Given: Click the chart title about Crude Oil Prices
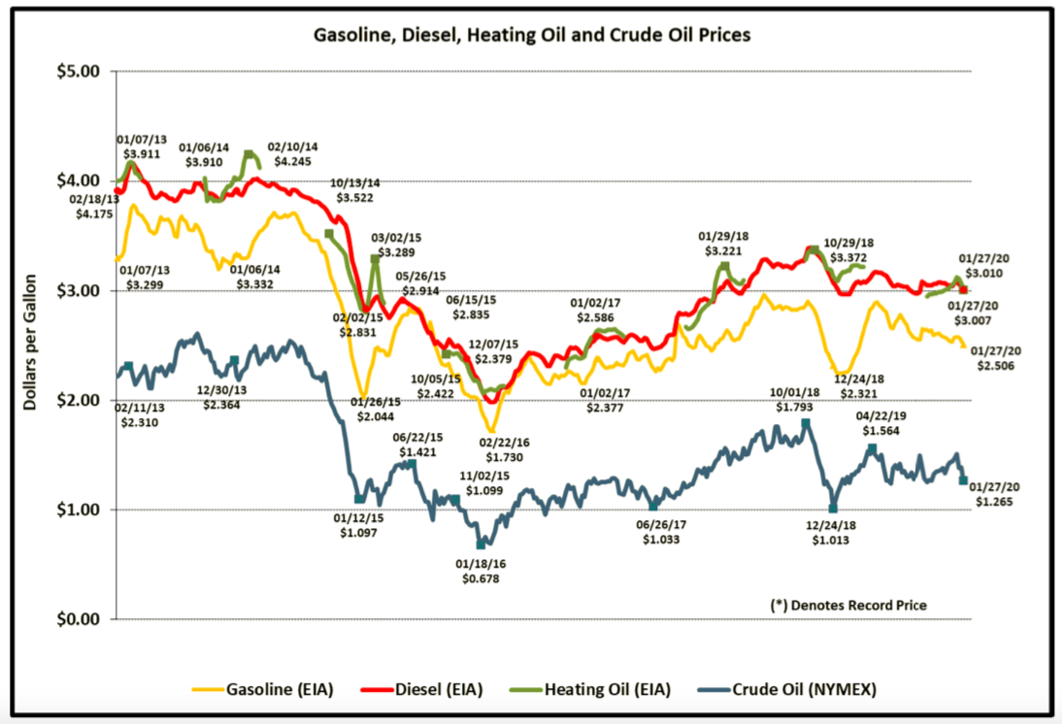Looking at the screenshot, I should click(531, 36).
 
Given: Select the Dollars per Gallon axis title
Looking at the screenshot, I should click(31, 344).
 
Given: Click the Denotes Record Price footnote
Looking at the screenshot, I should click(848, 605).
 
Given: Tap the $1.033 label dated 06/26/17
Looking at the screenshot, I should click(661, 539).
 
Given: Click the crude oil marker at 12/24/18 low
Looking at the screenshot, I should click(833, 508).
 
